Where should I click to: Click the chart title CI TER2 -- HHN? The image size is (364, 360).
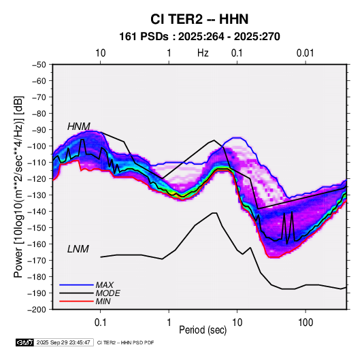pyautogui.click(x=199, y=19)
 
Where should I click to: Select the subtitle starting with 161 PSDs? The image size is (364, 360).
pyautogui.click(x=199, y=37)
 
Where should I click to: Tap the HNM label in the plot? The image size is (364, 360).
pyautogui.click(x=79, y=127)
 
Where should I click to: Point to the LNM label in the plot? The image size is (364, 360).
pyautogui.click(x=78, y=249)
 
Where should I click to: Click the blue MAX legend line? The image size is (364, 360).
pyautogui.click(x=76, y=284)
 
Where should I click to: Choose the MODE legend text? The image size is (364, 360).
pyautogui.click(x=108, y=293)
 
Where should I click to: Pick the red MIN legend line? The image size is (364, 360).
pyautogui.click(x=76, y=301)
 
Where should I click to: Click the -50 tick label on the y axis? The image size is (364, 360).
pyautogui.click(x=39, y=65)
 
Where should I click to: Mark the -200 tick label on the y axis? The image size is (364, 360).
pyautogui.click(x=37, y=310)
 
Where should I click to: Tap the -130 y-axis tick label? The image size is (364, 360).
pyautogui.click(x=37, y=195)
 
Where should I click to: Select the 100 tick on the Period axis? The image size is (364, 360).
pyautogui.click(x=305, y=323)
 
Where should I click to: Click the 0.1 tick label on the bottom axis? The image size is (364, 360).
pyautogui.click(x=100, y=323)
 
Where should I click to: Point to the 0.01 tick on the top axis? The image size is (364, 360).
pyautogui.click(x=305, y=53)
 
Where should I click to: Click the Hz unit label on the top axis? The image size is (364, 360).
pyautogui.click(x=203, y=53)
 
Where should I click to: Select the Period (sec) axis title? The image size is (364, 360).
pyautogui.click(x=203, y=330)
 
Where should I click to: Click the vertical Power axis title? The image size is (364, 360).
pyautogui.click(x=18, y=187)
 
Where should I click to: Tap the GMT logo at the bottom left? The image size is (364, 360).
pyautogui.click(x=25, y=342)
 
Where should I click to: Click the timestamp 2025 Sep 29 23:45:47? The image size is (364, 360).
pyautogui.click(x=63, y=342)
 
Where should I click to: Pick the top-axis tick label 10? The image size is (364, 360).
pyautogui.click(x=101, y=53)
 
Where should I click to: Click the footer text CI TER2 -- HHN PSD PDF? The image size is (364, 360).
pyautogui.click(x=125, y=342)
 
